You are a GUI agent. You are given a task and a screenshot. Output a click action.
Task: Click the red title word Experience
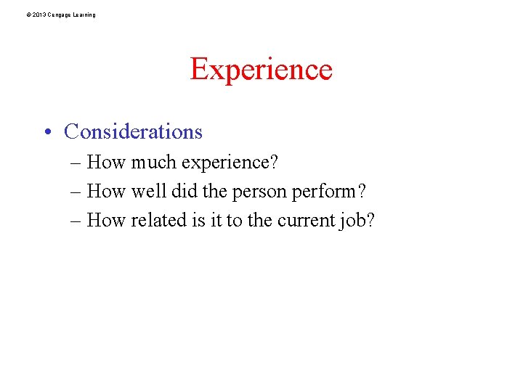pyautogui.click(x=261, y=70)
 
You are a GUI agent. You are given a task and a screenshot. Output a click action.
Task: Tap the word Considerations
pyautogui.click(x=133, y=131)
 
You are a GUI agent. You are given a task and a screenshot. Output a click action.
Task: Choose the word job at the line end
pyautogui.click(x=356, y=221)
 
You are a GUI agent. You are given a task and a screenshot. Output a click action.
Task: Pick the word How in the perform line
pyautogui.click(x=106, y=191)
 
